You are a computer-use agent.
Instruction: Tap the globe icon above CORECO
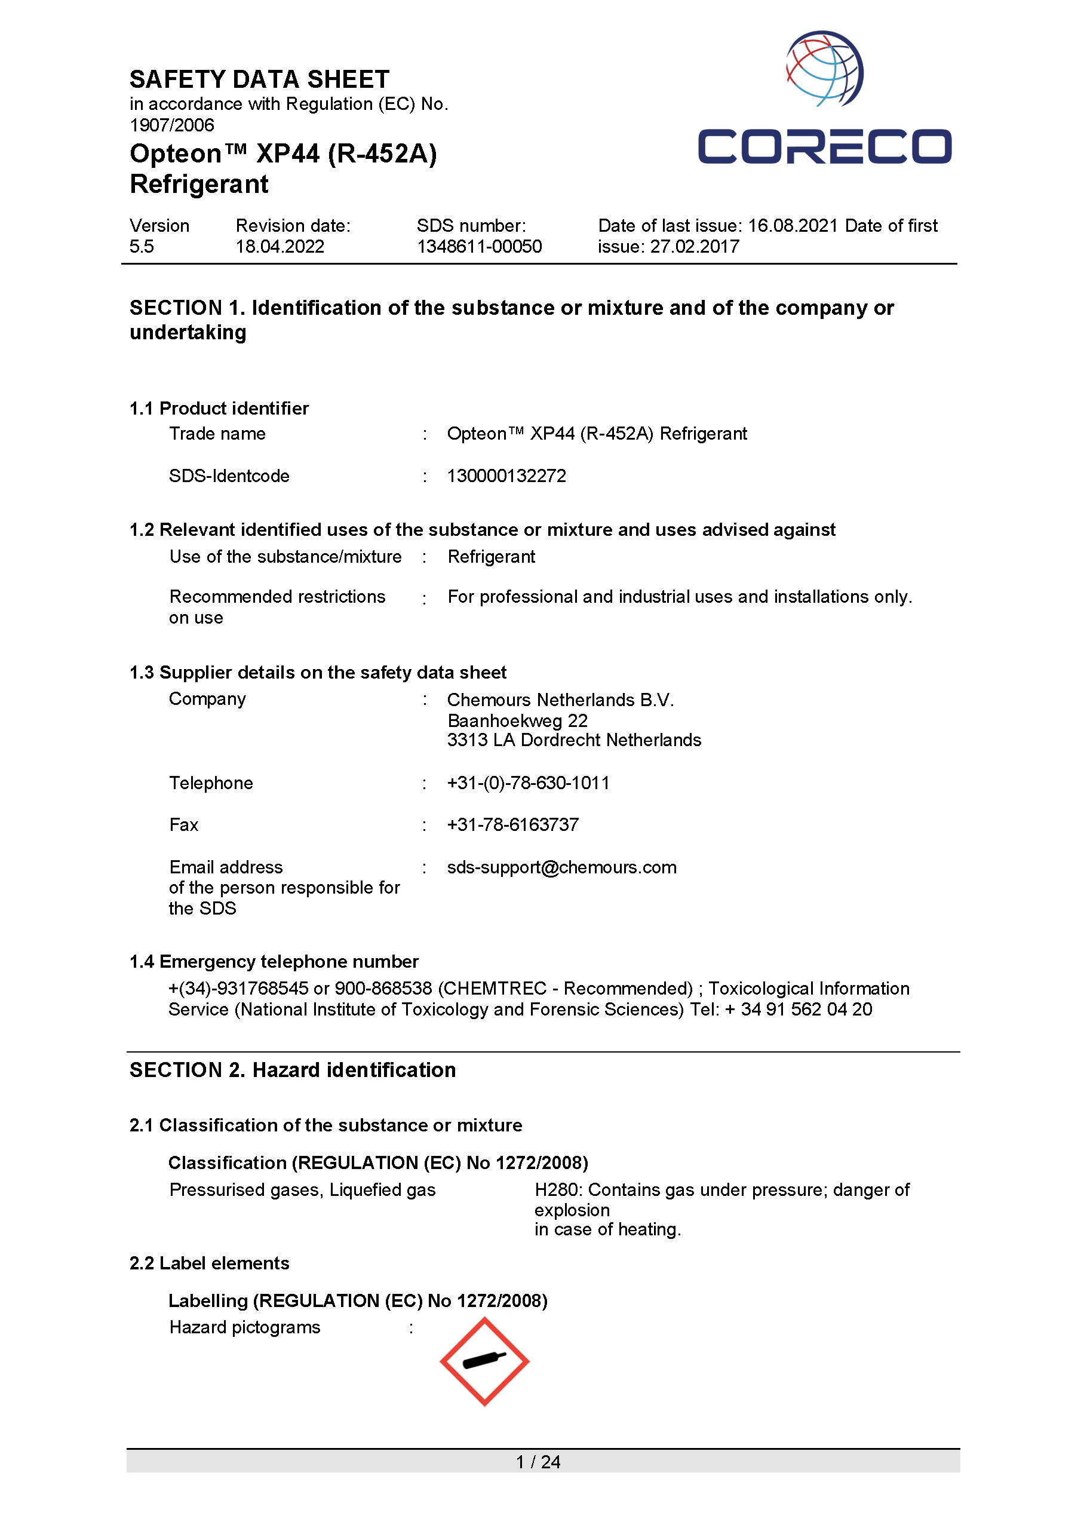coord(824,68)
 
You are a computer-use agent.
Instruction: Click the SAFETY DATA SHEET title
coord(259,79)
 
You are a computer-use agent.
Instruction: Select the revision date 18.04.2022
coord(280,247)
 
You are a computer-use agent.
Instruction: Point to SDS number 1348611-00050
coord(479,247)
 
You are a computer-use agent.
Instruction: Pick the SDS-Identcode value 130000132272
coord(506,476)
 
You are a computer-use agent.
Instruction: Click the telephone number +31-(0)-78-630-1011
coord(528,783)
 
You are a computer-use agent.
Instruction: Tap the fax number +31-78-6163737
coord(512,825)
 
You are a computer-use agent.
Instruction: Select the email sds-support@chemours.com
coord(561,867)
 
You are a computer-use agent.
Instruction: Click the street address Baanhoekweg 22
coord(517,721)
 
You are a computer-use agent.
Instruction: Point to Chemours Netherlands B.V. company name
coord(560,700)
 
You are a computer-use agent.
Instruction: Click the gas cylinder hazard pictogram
coord(484,1361)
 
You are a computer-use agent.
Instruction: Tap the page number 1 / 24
coord(538,1462)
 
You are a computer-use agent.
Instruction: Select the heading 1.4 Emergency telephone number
coord(274,962)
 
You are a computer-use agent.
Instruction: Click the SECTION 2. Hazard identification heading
coord(293,1070)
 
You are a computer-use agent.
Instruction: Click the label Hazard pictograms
coord(244,1327)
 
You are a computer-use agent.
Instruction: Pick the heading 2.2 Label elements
coord(209,1263)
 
